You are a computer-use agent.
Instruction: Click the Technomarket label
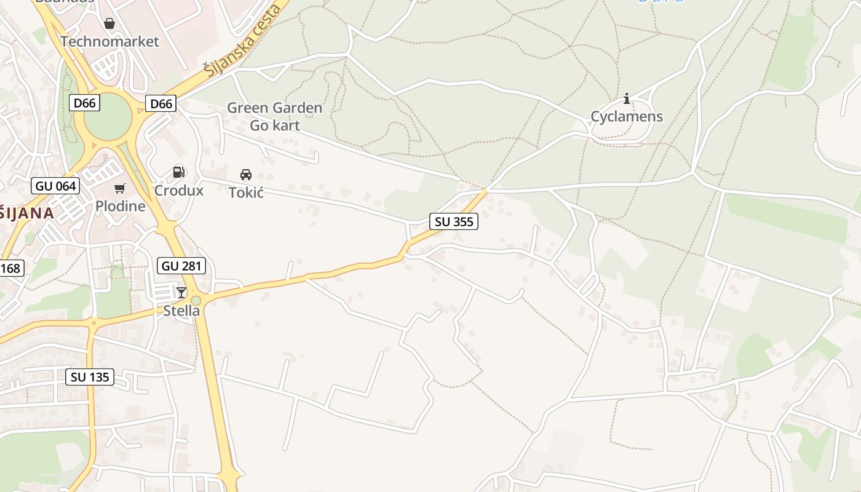pos(109,42)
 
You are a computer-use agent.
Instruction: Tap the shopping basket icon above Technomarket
pos(109,23)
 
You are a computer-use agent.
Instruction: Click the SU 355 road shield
pos(454,222)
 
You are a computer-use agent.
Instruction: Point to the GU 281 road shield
pos(181,266)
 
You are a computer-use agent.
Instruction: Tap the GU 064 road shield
pos(55,186)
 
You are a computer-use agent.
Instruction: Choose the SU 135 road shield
pos(90,377)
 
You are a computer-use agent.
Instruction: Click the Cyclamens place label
pos(627,117)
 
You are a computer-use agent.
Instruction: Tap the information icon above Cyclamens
pos(627,98)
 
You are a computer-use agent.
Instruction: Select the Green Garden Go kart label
pos(274,117)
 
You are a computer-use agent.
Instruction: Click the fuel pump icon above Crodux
pos(178,172)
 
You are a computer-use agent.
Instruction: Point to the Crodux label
pos(178,190)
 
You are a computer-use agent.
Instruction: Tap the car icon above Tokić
pos(246,174)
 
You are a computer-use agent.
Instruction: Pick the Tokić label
pos(246,192)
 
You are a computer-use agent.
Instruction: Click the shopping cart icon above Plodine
pos(120,188)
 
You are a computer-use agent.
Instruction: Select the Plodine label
pos(120,206)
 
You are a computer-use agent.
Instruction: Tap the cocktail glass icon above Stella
pos(181,292)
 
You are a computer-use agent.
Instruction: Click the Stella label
pos(181,311)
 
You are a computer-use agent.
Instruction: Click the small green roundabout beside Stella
pos(196,301)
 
